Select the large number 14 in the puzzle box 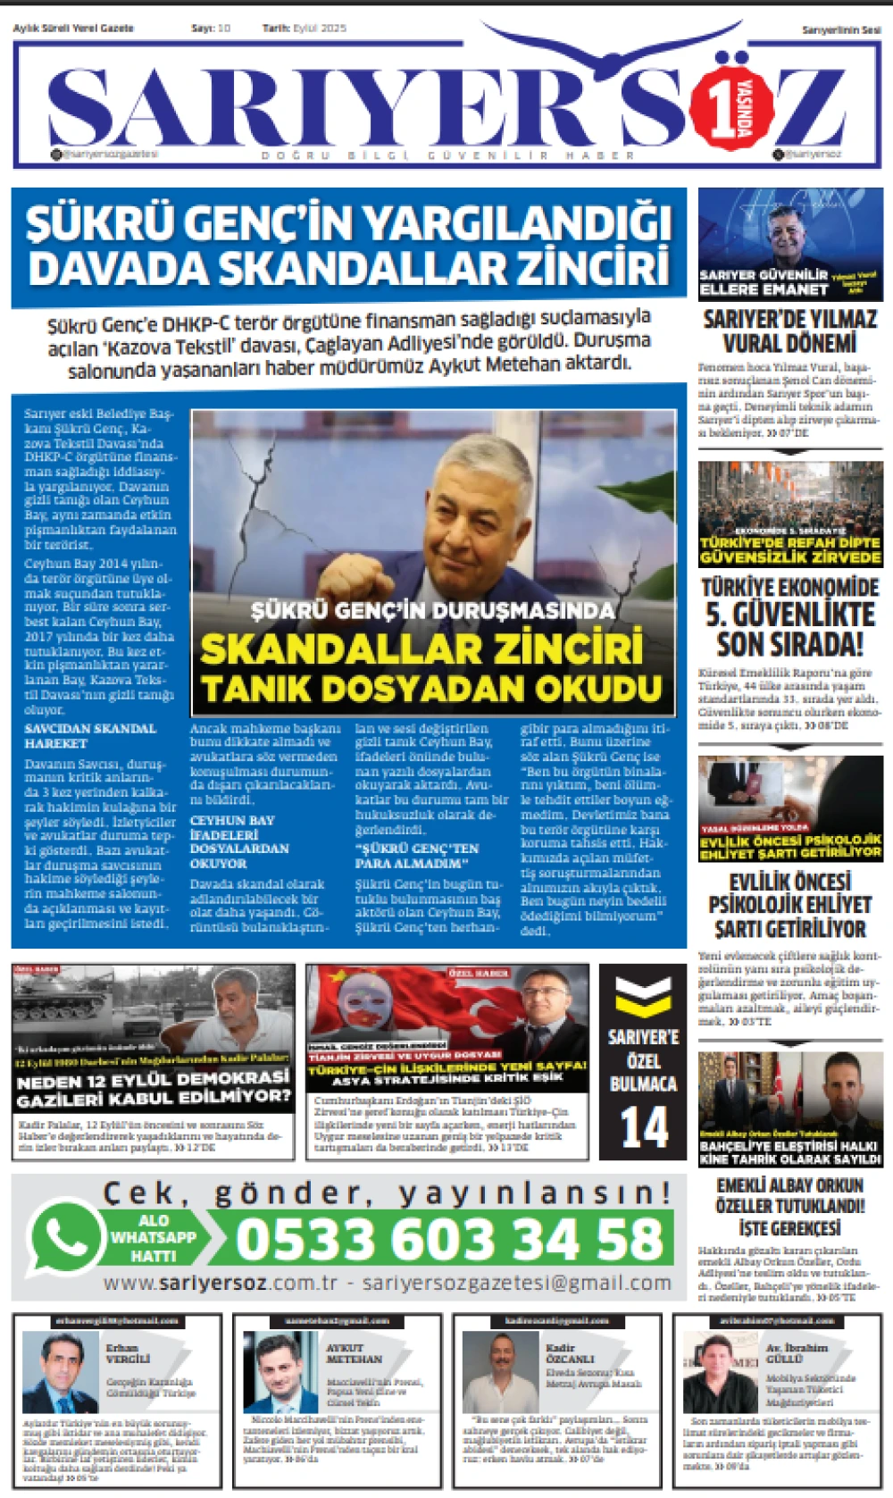[x=644, y=1127]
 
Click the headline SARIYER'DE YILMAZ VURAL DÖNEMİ [x=790, y=331]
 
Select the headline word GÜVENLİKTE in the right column [x=790, y=615]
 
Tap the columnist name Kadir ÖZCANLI [x=570, y=1352]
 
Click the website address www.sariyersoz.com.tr [x=221, y=1283]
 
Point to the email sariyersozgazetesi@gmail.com [x=517, y=1283]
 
